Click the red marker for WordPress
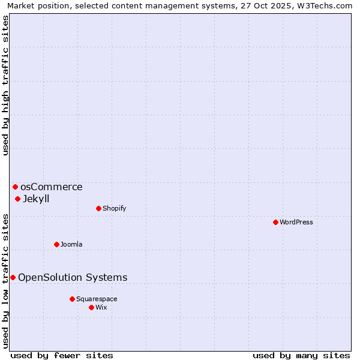pos(275,222)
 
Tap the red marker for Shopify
pos(98,208)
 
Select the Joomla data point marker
pos(56,244)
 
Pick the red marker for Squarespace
pos(72,299)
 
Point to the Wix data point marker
pos(91,307)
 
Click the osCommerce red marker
pos(15,187)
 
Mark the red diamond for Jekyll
pos(17,199)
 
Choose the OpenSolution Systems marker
pos(13,277)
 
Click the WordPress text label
pos(296,222)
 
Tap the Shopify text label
pos(115,208)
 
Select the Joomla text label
pos(71,244)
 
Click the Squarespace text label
pos(97,299)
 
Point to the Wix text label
pos(101,307)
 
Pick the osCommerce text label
pos(52,187)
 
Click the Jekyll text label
pos(36,199)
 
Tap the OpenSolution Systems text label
pos(73,277)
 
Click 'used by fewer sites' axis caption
pos(62,355)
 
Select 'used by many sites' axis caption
pos(301,355)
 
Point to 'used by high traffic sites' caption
pos(5,85)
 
